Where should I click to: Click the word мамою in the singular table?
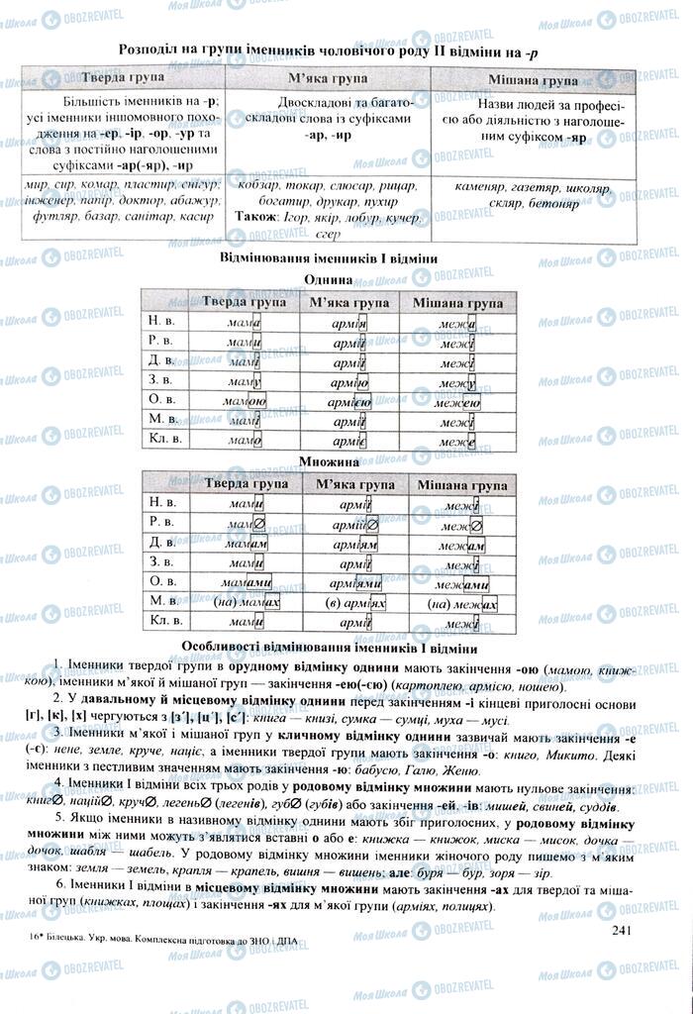pos(244,401)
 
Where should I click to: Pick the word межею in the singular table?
pos(461,401)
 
